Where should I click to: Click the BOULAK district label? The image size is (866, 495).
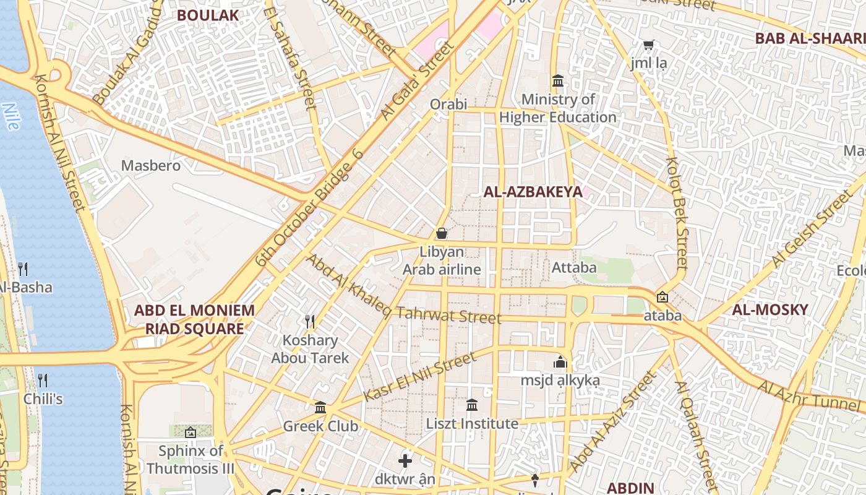(208, 15)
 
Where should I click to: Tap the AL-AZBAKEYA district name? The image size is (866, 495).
(533, 192)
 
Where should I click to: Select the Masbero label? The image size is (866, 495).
(151, 166)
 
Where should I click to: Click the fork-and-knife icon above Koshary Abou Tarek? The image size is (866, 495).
(310, 321)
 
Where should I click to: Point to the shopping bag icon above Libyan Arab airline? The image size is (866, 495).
(442, 233)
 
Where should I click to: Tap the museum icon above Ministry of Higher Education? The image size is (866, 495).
(558, 81)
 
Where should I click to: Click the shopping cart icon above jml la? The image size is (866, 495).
(648, 45)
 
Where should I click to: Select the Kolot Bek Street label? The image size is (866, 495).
(677, 212)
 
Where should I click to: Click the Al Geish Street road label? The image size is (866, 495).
(811, 230)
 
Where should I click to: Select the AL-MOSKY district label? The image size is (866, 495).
(770, 310)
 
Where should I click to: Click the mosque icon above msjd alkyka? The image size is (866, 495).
(560, 362)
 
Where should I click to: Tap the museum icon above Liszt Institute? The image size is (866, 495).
(472, 405)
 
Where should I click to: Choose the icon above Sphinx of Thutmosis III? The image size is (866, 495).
(190, 433)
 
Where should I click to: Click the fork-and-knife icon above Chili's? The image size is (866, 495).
(43, 380)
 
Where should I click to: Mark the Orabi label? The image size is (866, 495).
(448, 104)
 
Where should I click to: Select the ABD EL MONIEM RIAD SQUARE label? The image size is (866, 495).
(194, 319)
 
